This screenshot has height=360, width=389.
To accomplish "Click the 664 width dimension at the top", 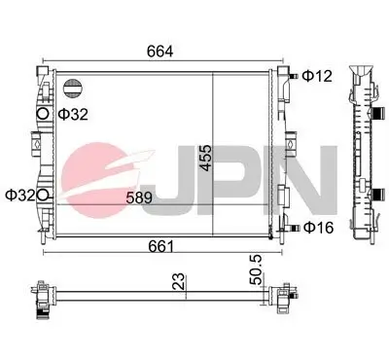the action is coord(160,52).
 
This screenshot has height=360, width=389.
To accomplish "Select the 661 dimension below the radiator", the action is coord(160,246).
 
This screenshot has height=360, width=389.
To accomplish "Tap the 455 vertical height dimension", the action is coord(206,158).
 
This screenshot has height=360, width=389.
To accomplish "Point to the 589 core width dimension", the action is coord(139,198).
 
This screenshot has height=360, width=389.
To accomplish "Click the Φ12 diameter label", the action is coord(317,76).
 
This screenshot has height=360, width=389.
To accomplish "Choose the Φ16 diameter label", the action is coord(318,228).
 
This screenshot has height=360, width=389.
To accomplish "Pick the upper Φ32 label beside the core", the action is coord(73,114).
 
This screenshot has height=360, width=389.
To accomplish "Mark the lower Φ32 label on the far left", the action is coord(20,196).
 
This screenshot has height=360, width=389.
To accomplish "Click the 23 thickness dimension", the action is coord(179,281).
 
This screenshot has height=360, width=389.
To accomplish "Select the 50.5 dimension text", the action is coord(256,270).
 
